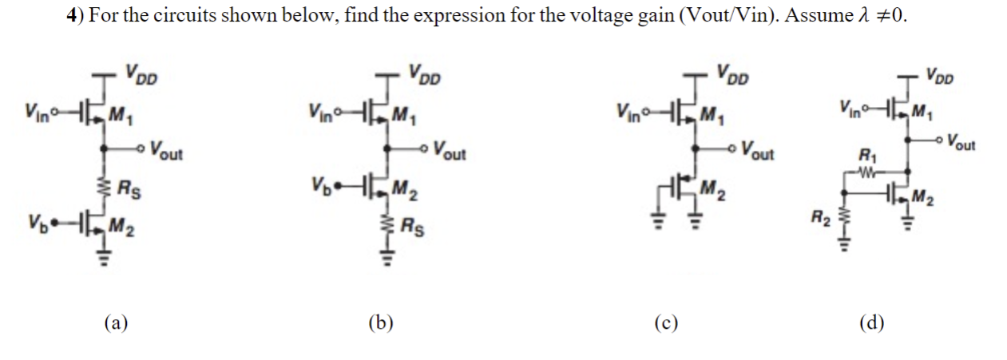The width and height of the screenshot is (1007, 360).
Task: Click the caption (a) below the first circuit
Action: [x=117, y=323]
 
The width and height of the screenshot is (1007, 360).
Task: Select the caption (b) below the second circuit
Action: [x=381, y=323]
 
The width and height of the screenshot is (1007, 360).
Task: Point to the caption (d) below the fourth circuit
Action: [x=871, y=323]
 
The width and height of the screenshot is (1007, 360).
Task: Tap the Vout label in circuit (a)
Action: [x=165, y=151]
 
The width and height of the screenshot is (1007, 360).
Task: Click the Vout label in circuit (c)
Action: [x=756, y=149]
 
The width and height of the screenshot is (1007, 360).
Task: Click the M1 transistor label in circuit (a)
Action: [x=120, y=113]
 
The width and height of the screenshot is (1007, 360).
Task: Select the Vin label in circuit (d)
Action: [x=850, y=106]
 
